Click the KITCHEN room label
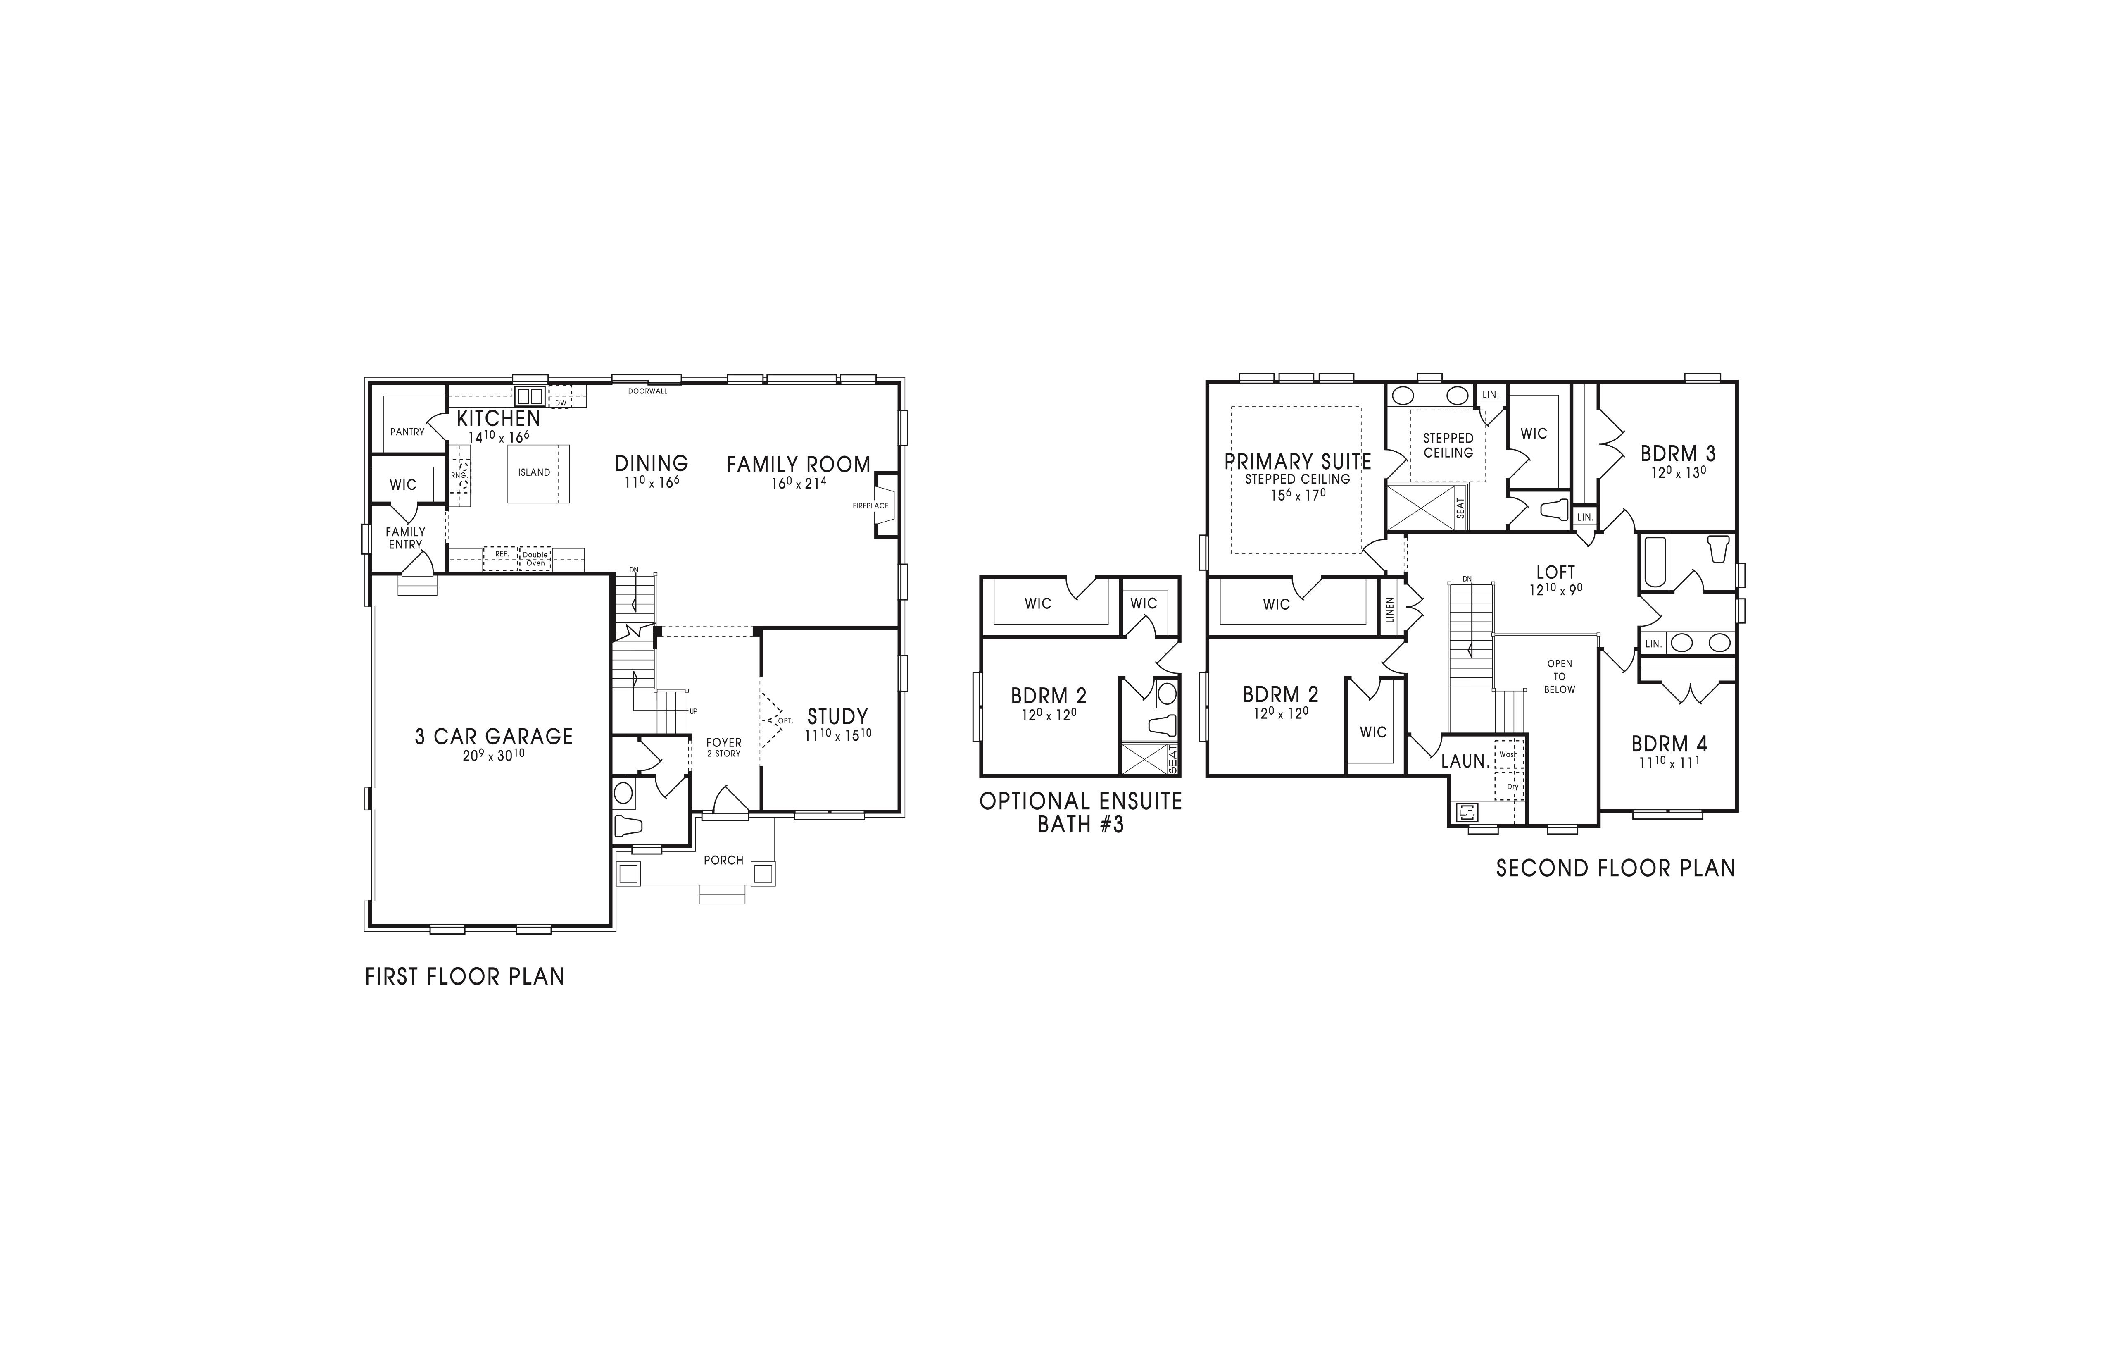coord(498,419)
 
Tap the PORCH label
coord(723,860)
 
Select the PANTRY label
coord(407,432)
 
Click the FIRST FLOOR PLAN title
coord(465,977)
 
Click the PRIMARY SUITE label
coord(1298,461)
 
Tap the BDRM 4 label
coord(1669,744)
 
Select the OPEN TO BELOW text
coord(1560,677)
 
